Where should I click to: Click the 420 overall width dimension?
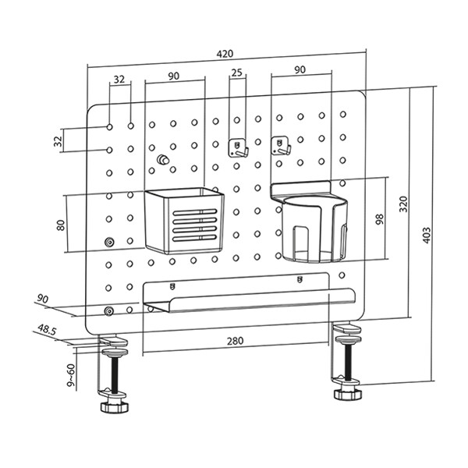click(225, 54)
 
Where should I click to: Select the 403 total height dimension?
click(426, 236)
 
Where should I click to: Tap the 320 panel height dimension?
click(402, 204)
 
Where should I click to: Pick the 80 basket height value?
click(60, 225)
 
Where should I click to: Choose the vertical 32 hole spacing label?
click(58, 140)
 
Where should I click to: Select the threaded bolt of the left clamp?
click(115, 374)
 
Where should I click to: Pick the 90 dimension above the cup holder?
click(300, 70)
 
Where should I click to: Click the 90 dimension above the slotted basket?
click(173, 76)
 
